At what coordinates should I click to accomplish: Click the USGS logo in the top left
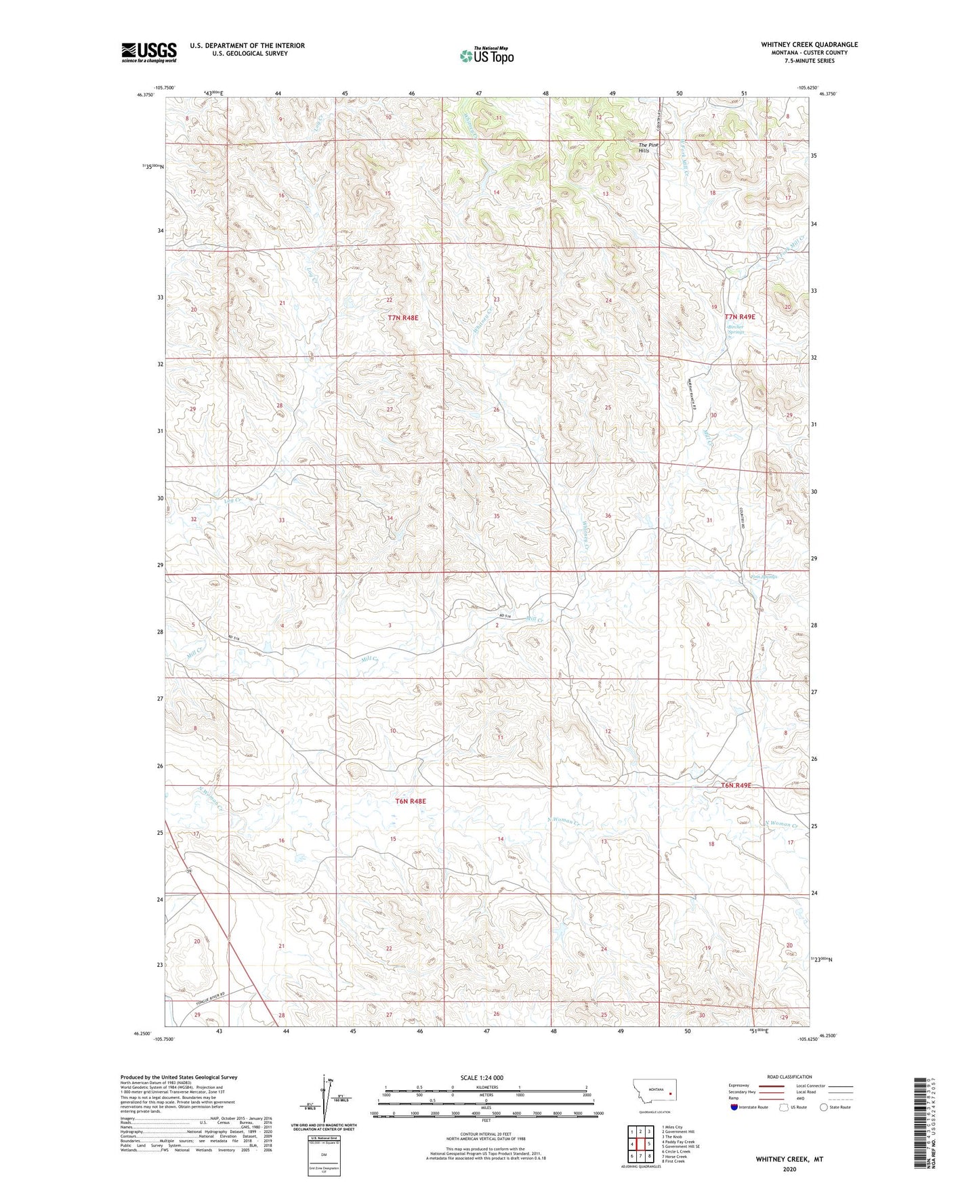click(149, 52)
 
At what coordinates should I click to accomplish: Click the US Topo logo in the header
click(486, 56)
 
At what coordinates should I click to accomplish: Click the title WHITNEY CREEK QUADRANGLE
click(809, 45)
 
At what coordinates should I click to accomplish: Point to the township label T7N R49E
click(739, 316)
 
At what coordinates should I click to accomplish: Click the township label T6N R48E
click(411, 801)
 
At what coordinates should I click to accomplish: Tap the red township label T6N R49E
click(736, 785)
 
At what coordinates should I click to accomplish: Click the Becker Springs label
click(736, 329)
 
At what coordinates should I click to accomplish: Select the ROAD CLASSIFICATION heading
click(789, 1077)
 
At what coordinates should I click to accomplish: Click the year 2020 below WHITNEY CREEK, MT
click(789, 1169)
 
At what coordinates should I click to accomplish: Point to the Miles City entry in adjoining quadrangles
click(673, 1127)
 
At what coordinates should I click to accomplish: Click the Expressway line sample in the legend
click(771, 1085)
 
